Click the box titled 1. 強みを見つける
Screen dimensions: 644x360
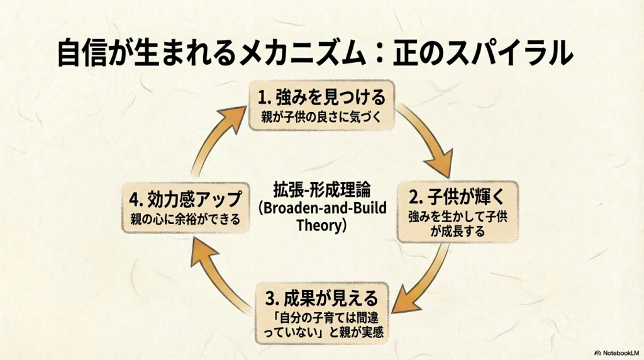click(x=321, y=106)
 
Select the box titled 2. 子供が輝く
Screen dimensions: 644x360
click(x=458, y=211)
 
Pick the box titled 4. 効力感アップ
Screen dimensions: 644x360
click(x=186, y=208)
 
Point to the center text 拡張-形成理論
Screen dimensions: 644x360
click(x=322, y=190)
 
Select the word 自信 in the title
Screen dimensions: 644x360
click(x=83, y=53)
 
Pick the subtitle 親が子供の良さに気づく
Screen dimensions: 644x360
click(x=321, y=117)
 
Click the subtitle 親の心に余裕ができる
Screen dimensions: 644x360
click(x=186, y=218)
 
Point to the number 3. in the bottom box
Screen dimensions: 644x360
click(x=272, y=299)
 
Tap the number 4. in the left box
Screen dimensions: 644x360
click(x=136, y=200)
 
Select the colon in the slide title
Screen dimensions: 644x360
click(x=379, y=53)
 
